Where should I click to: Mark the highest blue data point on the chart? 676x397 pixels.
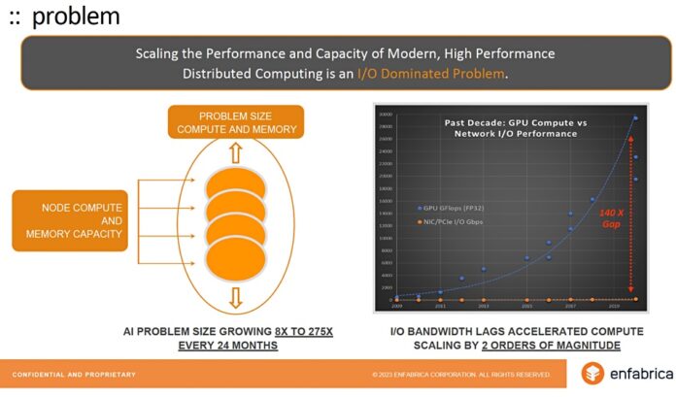636,117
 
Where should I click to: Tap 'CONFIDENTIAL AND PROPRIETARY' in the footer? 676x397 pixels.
74,374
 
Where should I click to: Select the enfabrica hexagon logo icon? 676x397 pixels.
592,373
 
